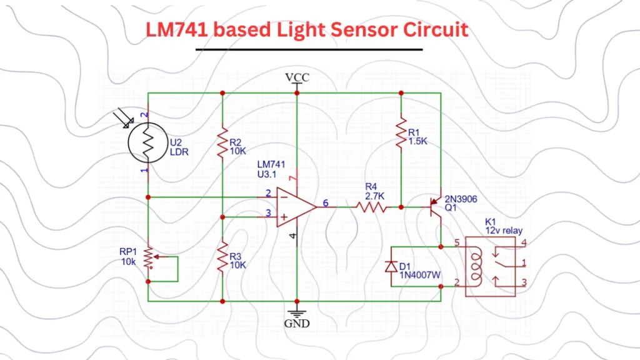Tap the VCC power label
tap(297, 77)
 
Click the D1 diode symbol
tap(392, 266)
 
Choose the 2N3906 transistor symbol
tap(436, 207)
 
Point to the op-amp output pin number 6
tap(325, 202)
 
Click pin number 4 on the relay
tap(524, 242)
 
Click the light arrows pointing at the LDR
tap(124, 118)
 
